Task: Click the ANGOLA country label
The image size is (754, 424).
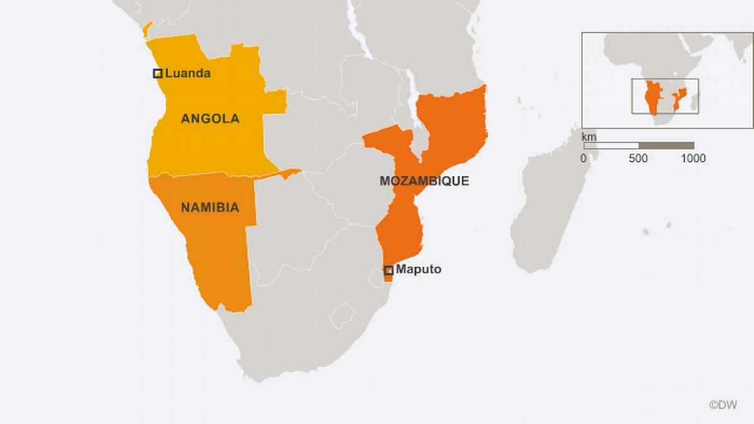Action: (x=210, y=119)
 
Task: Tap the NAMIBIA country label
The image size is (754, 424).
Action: (x=210, y=207)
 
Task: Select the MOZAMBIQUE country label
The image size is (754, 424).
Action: (x=424, y=181)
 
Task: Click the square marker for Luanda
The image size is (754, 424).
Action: (x=158, y=74)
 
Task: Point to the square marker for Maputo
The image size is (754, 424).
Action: (x=389, y=270)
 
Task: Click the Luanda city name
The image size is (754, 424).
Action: (x=187, y=74)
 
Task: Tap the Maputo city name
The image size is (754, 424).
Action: (x=418, y=269)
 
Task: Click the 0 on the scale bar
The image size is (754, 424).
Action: (x=584, y=159)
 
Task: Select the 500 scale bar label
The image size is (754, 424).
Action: (x=638, y=159)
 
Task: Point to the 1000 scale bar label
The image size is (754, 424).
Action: (x=693, y=159)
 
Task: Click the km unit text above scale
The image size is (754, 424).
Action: (x=589, y=137)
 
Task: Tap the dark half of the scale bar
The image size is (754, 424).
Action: (x=667, y=146)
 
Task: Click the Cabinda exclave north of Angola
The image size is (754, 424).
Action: (x=147, y=29)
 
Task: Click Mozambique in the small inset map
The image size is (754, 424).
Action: (x=679, y=98)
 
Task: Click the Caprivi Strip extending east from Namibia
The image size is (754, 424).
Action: (x=283, y=174)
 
